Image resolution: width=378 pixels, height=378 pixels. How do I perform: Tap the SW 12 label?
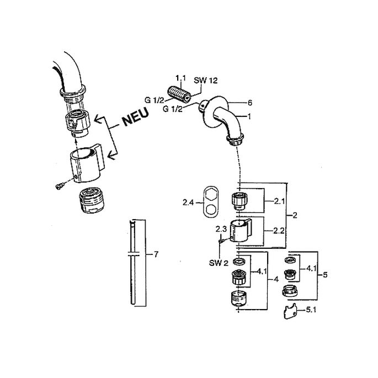tap(206, 81)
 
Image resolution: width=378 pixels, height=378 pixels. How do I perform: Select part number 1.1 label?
tap(181, 78)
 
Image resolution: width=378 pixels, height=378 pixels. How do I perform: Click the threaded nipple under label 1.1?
tap(179, 94)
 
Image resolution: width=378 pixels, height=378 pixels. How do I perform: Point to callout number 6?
tap(250, 103)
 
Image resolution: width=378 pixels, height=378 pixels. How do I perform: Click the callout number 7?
tap(156, 254)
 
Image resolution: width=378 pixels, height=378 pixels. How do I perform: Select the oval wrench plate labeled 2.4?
tap(211, 200)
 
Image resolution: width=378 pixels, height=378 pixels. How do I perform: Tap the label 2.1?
tap(279, 201)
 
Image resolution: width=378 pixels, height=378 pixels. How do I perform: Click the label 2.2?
tap(279, 231)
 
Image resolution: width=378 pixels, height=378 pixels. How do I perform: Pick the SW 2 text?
tap(219, 263)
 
